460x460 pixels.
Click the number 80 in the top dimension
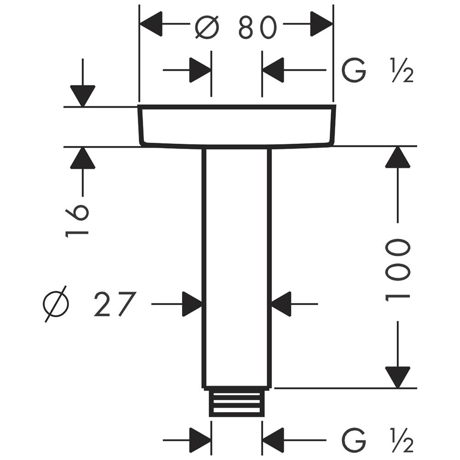(258, 28)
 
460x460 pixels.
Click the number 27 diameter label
(115, 304)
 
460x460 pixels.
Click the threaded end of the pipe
(236, 402)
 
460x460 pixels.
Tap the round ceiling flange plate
(236, 126)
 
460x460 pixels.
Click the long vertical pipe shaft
(236, 267)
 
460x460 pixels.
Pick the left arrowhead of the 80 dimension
(151, 24)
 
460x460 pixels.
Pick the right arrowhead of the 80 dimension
(321, 24)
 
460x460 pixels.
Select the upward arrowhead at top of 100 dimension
(397, 157)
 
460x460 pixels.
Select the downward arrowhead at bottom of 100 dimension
(397, 376)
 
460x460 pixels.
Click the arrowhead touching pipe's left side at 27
(192, 304)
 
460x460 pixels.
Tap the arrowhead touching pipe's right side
(281, 304)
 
